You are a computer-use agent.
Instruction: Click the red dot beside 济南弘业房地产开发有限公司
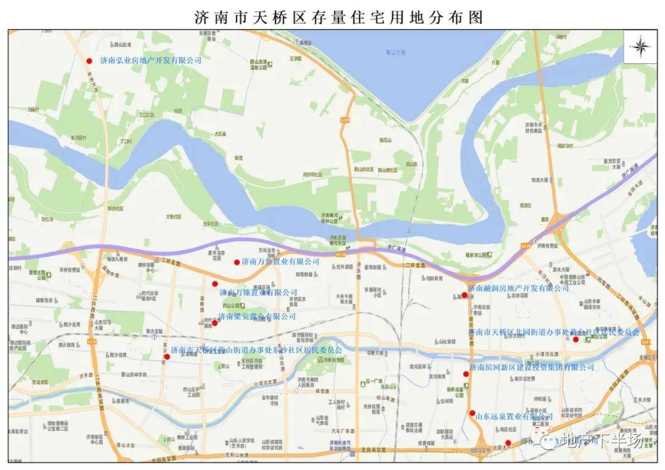click(x=89, y=60)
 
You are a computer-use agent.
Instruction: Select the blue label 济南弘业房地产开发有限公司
click(x=151, y=60)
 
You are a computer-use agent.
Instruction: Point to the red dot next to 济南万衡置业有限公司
click(x=236, y=262)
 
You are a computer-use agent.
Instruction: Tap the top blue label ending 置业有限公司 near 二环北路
click(x=281, y=262)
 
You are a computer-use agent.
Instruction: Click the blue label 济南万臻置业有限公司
click(x=259, y=292)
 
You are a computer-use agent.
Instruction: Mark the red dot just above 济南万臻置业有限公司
click(x=215, y=284)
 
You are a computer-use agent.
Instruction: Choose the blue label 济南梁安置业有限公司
click(x=257, y=316)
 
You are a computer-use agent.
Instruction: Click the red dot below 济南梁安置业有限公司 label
click(x=214, y=323)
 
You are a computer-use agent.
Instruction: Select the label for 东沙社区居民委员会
click(x=256, y=350)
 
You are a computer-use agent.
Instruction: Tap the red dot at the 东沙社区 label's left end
click(x=167, y=356)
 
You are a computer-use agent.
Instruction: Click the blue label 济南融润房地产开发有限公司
click(x=518, y=288)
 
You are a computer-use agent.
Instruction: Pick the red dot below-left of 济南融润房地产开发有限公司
click(x=464, y=294)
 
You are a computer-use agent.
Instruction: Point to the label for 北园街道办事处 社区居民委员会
click(x=554, y=331)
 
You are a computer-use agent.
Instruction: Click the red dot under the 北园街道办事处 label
click(x=576, y=339)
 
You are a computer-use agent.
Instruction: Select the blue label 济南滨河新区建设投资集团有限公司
click(x=532, y=367)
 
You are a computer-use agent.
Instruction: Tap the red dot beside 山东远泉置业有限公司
click(x=472, y=413)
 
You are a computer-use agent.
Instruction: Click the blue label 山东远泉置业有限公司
click(x=514, y=417)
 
